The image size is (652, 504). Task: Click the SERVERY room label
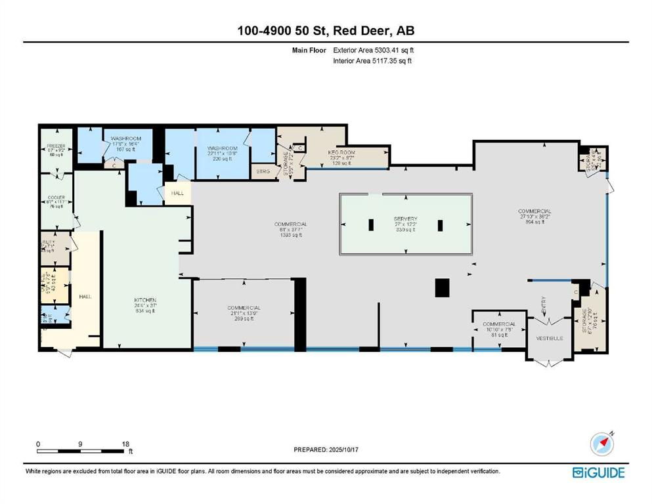click(x=406, y=219)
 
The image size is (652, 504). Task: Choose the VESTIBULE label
click(x=550, y=338)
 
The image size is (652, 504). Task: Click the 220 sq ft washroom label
click(x=222, y=148)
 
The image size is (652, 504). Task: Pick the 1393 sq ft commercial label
click(x=291, y=224)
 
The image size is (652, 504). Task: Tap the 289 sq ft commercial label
click(x=244, y=308)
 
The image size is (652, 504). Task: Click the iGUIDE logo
click(x=598, y=472)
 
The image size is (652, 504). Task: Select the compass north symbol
click(x=601, y=444)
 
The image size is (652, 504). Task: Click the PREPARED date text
click(x=328, y=450)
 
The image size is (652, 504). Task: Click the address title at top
click(x=326, y=30)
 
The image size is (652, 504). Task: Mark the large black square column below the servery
click(x=443, y=287)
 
